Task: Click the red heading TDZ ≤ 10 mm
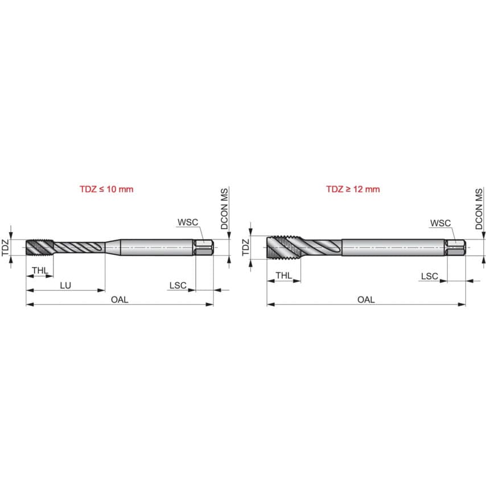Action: [106, 189]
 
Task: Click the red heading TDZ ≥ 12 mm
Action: [353, 189]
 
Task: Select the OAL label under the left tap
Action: [120, 299]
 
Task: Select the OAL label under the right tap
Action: [366, 299]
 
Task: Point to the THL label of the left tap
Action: [40, 270]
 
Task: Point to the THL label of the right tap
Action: [284, 275]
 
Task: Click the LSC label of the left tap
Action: [178, 285]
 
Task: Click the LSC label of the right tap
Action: [429, 276]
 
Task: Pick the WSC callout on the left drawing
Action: [186, 223]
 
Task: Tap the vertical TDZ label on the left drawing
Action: [6, 248]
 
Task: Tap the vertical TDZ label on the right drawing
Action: [246, 248]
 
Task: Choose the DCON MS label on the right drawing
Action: [479, 209]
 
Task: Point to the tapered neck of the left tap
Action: [113, 248]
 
